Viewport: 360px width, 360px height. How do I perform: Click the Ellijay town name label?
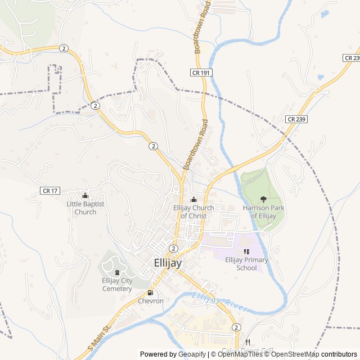(x=168, y=263)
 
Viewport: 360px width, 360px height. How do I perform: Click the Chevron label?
(x=151, y=301)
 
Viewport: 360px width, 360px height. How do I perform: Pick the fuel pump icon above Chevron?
(x=150, y=292)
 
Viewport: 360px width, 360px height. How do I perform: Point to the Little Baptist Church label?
(x=85, y=208)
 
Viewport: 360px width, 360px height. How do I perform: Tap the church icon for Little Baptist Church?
(x=85, y=195)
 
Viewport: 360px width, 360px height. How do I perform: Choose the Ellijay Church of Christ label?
(x=193, y=212)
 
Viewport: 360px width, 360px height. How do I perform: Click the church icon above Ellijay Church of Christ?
(x=194, y=199)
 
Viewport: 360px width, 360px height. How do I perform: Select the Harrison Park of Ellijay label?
(x=263, y=212)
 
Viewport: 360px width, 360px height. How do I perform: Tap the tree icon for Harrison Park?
(x=263, y=199)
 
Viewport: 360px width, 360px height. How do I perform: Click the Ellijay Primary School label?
(x=246, y=264)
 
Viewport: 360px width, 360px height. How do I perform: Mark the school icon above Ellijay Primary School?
(x=246, y=251)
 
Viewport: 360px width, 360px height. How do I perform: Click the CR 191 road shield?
(x=200, y=73)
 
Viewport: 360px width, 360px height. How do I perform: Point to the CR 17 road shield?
(x=50, y=191)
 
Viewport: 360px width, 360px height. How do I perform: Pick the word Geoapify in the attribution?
(x=192, y=354)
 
